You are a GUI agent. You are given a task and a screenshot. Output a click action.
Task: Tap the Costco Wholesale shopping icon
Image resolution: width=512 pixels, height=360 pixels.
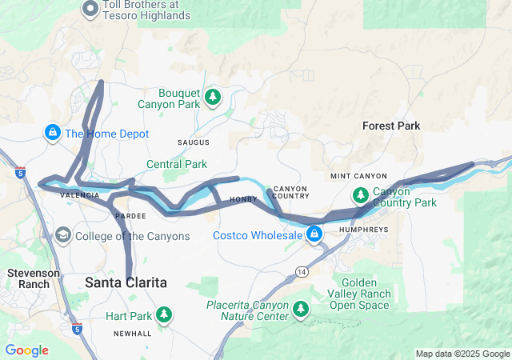click(x=314, y=234)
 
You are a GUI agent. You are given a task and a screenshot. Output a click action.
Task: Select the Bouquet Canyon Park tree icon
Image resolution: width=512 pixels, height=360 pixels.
click(x=212, y=98)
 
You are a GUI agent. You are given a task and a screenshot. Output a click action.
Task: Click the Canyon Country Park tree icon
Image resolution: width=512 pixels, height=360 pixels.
click(x=361, y=194)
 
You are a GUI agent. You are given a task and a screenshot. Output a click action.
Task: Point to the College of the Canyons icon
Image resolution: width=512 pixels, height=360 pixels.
click(x=62, y=236)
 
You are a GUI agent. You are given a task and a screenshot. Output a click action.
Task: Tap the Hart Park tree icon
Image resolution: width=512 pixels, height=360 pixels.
click(x=164, y=315)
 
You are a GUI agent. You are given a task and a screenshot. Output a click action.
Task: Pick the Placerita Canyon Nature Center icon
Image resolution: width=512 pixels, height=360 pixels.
click(x=301, y=309)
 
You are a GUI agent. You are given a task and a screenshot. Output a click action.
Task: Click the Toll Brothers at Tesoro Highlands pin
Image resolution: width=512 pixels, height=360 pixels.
click(x=90, y=10)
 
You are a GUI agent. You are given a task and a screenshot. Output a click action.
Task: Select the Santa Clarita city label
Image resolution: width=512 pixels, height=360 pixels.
click(x=126, y=282)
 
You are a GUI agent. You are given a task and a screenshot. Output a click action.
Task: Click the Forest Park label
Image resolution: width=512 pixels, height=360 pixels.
click(x=391, y=126)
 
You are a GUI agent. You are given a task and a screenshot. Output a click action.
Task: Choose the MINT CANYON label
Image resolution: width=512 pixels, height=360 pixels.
click(x=358, y=176)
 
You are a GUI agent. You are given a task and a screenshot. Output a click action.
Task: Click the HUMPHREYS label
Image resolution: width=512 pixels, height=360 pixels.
click(x=365, y=229)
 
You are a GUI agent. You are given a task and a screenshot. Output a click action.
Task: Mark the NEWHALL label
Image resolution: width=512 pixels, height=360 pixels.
click(x=132, y=333)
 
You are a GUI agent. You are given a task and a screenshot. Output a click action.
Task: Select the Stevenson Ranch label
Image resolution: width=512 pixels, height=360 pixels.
click(x=34, y=278)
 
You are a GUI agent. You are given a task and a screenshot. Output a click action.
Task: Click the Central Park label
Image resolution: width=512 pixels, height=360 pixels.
click(x=177, y=164)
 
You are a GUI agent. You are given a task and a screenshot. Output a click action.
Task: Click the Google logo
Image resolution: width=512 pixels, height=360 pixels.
click(x=26, y=350)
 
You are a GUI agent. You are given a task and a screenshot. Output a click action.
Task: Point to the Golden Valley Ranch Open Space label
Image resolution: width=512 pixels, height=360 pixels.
click(x=366, y=294)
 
